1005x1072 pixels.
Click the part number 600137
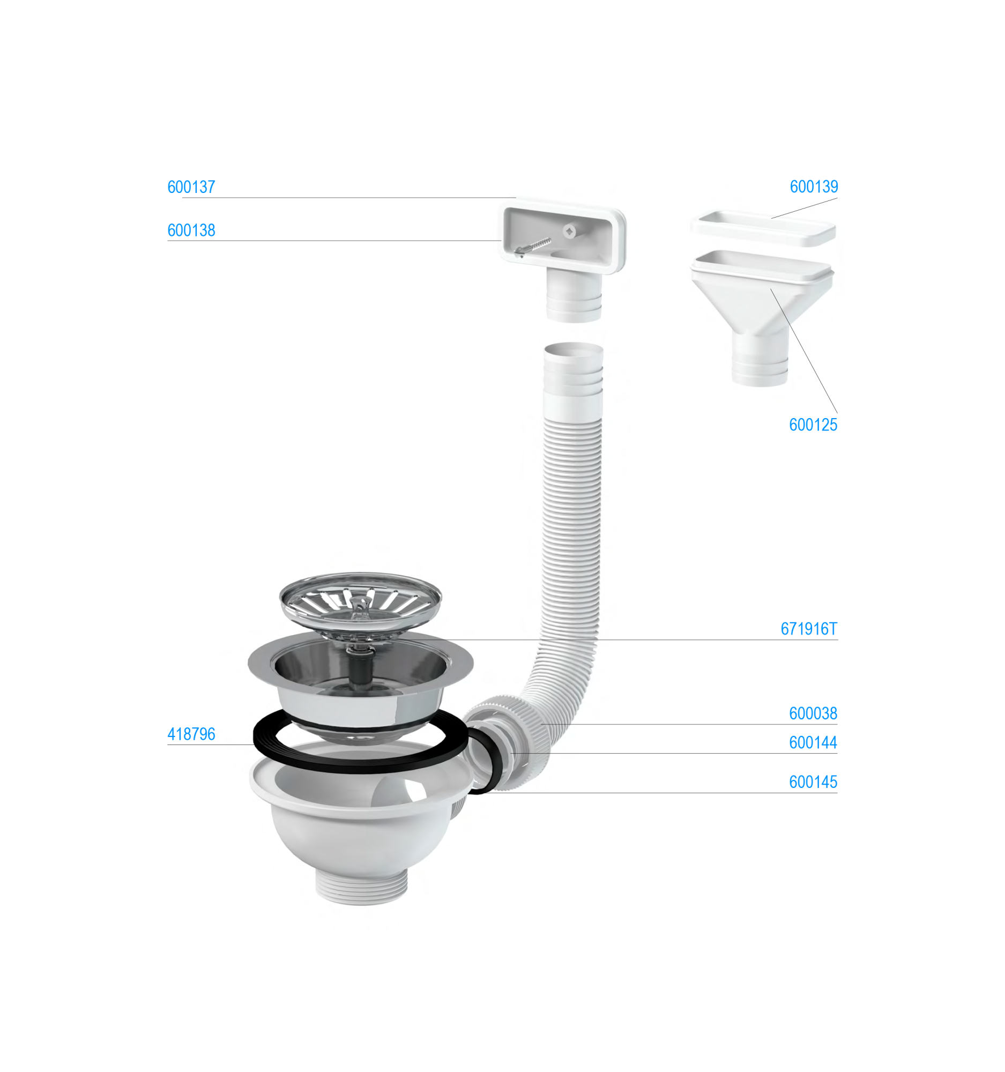191,187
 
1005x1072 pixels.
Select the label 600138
191,230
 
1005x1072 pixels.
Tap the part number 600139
814,187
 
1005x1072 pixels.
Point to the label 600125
813,425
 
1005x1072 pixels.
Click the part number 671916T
809,629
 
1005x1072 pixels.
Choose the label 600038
813,713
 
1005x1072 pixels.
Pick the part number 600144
813,742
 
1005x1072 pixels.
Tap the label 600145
813,782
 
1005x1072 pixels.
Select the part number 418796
191,734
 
